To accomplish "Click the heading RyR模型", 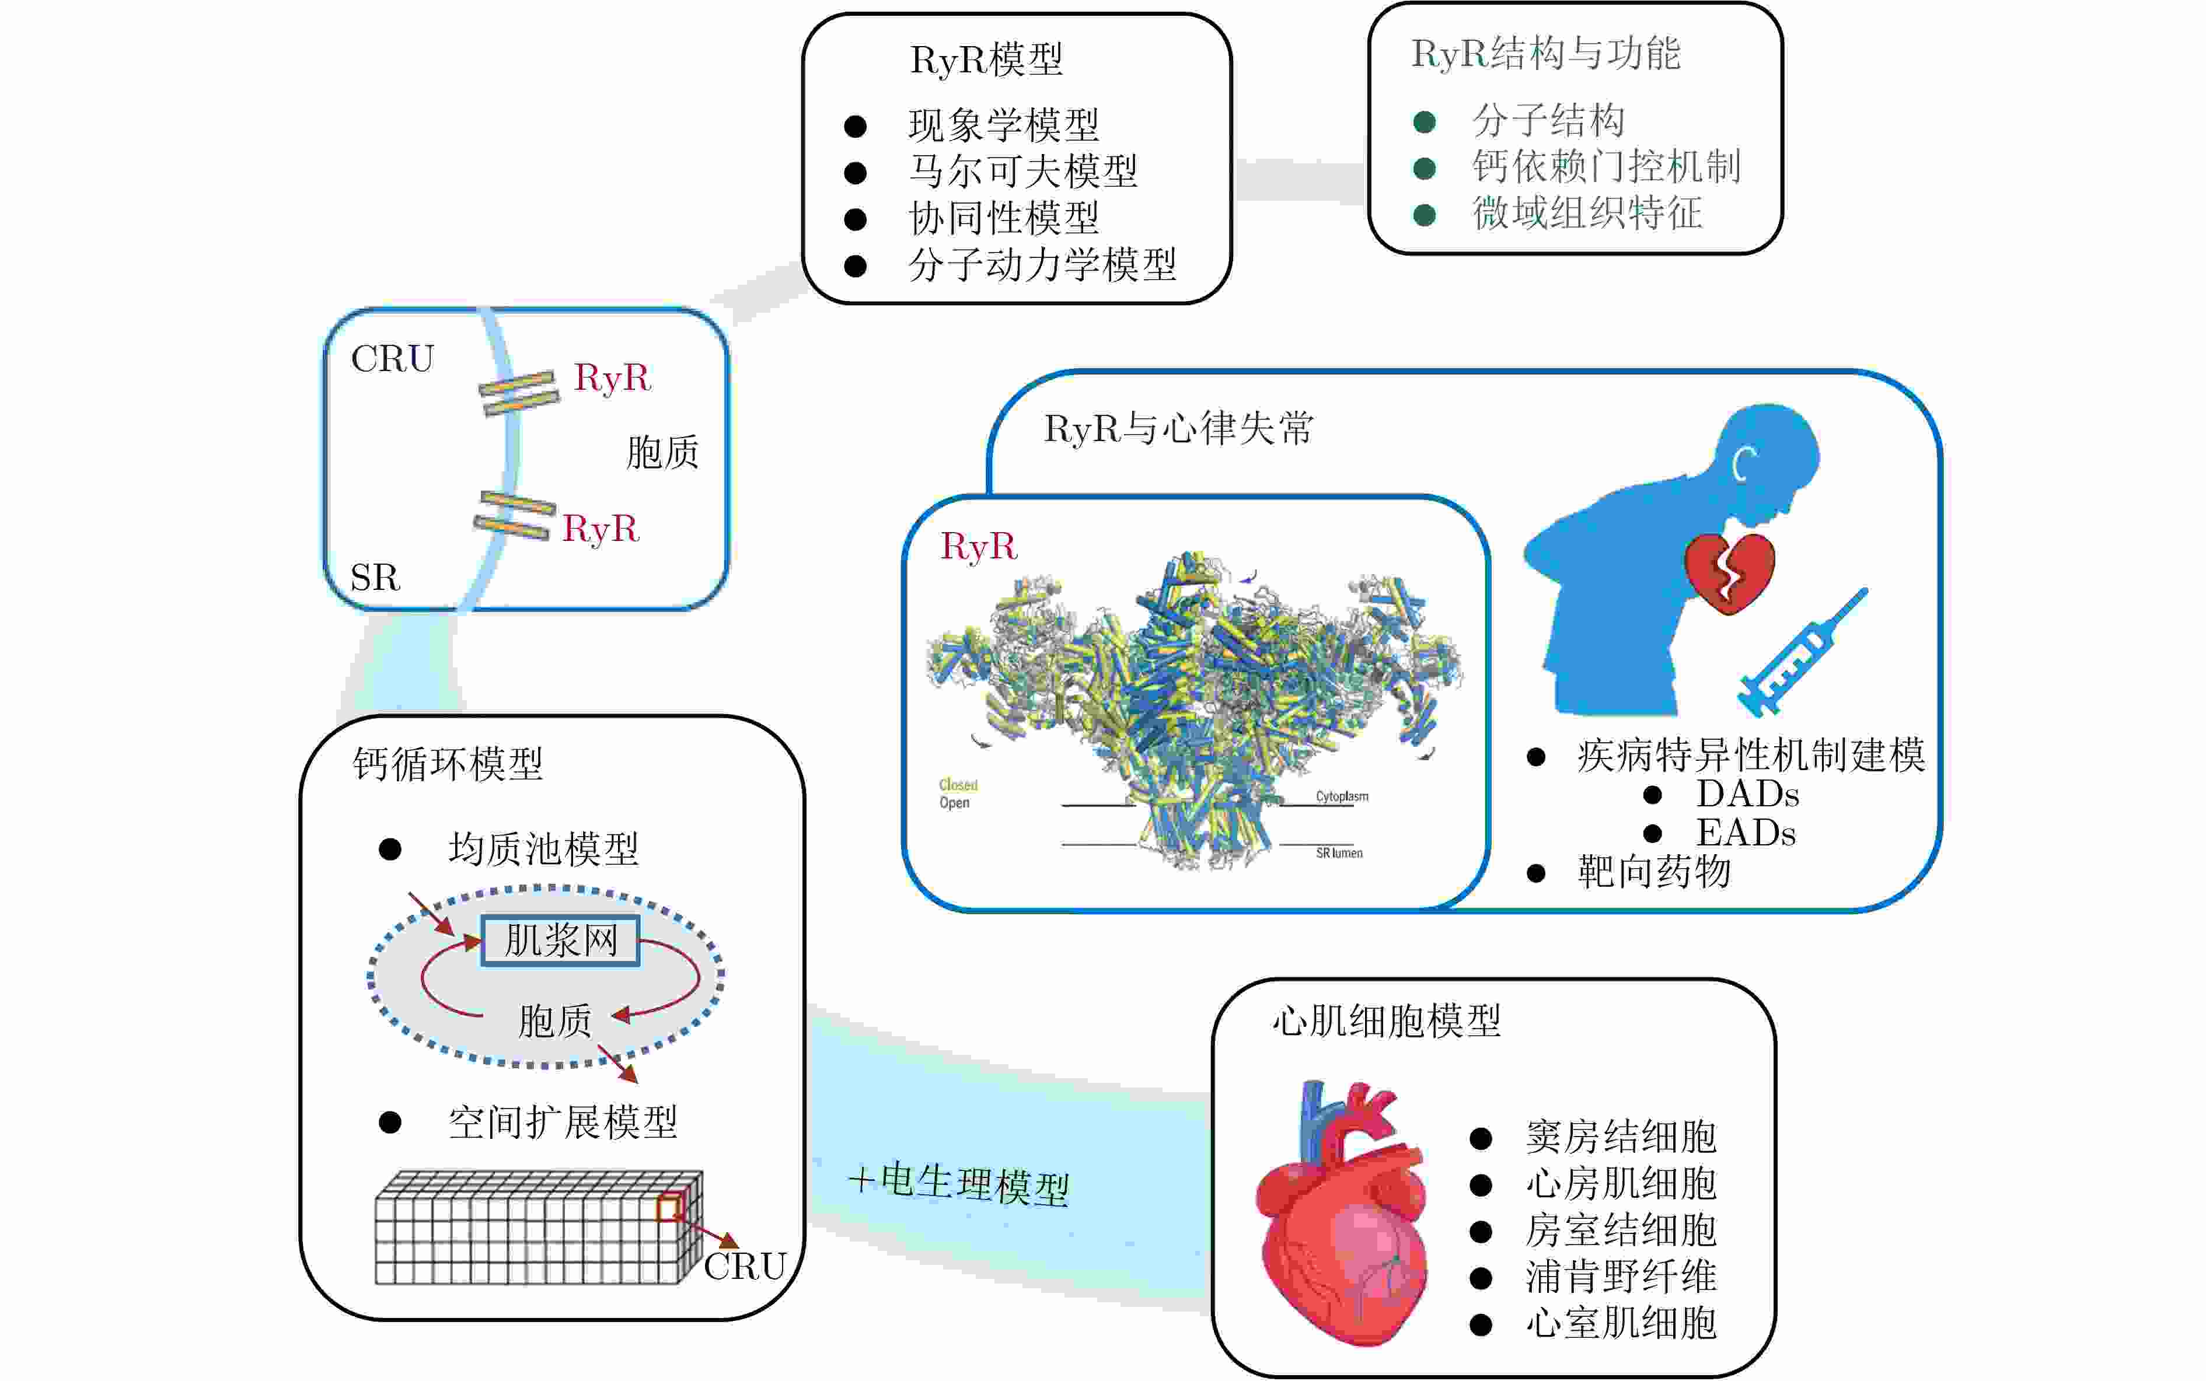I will click(986, 60).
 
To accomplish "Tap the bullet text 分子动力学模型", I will click(1041, 265).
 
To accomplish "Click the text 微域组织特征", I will click(1587, 214).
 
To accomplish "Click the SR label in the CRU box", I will click(375, 577).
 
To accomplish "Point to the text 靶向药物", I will click(1653, 872).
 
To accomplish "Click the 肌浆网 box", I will click(560, 941).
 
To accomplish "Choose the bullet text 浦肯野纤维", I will click(1621, 1277).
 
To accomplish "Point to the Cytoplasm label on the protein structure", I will click(1341, 796).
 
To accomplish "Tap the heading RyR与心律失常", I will click(1178, 428).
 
